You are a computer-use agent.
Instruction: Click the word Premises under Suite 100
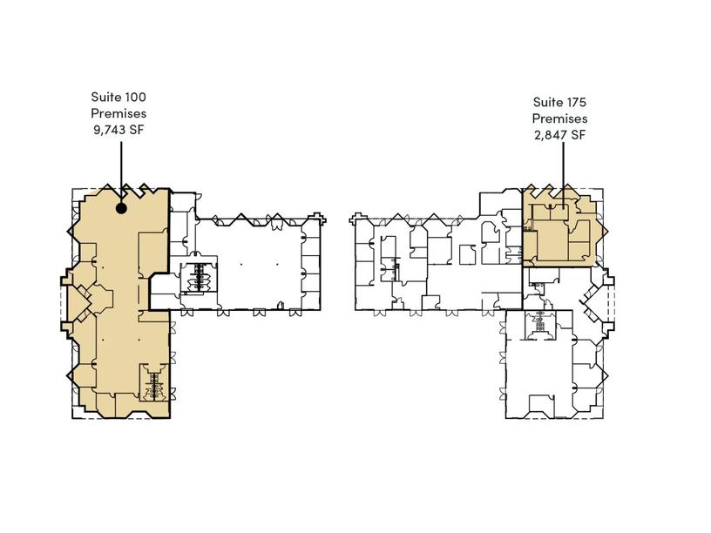118,113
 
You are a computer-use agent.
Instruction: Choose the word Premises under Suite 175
559,118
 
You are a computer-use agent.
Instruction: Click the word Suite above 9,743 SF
105,97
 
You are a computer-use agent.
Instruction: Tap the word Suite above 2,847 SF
547,102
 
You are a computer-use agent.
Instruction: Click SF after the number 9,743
137,130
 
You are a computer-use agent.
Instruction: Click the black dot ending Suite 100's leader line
121,208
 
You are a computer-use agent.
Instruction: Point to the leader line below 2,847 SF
564,175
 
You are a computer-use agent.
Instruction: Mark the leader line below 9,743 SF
121,172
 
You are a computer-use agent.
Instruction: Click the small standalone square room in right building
468,254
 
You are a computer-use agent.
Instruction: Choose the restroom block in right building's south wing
539,325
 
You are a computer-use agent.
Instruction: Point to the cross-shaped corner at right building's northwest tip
357,218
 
